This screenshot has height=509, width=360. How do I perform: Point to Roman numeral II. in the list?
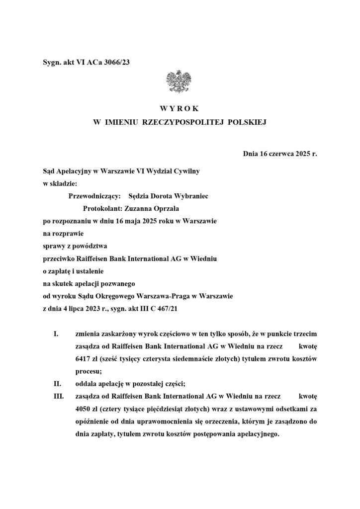pyautogui.click(x=58, y=383)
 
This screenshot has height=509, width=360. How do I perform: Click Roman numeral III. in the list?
pyautogui.click(x=59, y=396)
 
